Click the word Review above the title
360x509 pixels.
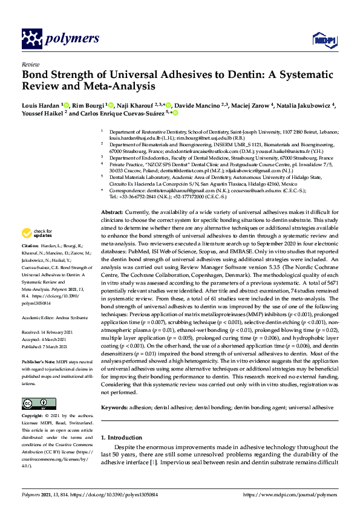click(30, 63)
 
